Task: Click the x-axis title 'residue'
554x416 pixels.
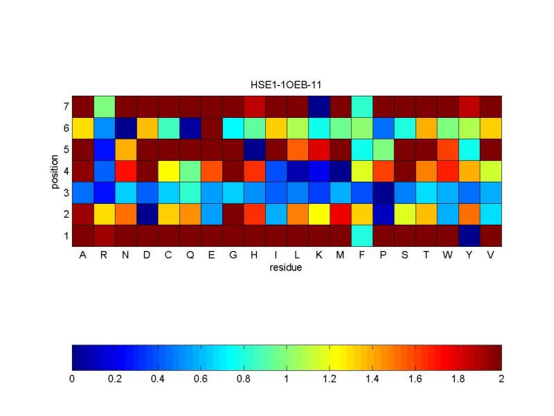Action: (286, 267)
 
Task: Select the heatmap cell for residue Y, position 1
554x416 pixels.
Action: (469, 236)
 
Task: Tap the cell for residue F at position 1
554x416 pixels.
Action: (361, 236)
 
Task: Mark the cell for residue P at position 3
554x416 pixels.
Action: (383, 193)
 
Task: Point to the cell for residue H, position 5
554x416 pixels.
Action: (254, 150)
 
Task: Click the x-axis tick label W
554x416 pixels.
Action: (447, 255)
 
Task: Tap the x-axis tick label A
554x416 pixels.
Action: (82, 255)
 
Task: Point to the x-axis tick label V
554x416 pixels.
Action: (490, 255)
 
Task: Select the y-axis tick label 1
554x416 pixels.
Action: (65, 236)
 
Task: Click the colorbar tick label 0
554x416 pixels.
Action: (72, 379)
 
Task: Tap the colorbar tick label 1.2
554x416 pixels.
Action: (330, 379)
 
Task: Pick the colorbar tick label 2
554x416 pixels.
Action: (501, 379)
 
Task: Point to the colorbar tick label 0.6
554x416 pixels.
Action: (201, 379)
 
